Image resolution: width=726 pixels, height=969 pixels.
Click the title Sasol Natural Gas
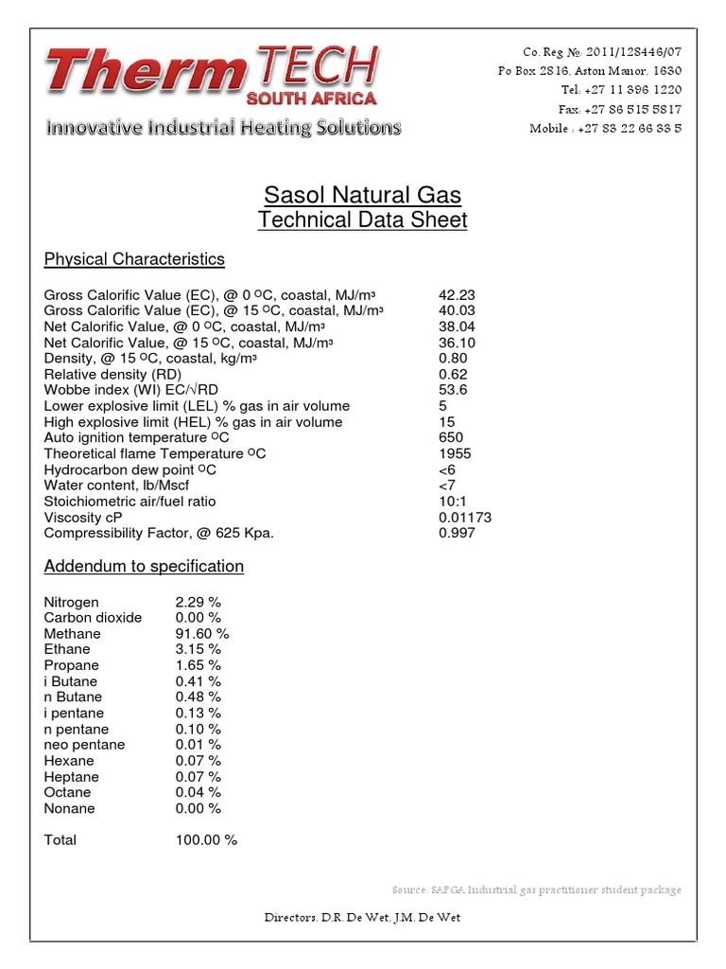point(362,196)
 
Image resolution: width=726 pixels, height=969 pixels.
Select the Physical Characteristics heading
point(134,259)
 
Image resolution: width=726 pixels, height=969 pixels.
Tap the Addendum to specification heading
point(144,566)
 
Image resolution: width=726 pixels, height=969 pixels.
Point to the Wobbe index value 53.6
point(453,390)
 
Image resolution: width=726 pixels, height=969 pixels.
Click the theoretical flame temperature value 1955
point(454,453)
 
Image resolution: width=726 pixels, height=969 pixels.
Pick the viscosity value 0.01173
point(465,518)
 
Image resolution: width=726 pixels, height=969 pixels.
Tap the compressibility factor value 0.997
point(457,533)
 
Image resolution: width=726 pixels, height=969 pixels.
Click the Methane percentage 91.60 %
point(202,633)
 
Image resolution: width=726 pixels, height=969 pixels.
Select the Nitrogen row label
point(71,602)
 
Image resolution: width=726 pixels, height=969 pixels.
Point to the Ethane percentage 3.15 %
point(199,649)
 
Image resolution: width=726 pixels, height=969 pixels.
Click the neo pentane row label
point(84,745)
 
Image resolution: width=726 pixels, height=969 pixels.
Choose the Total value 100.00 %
point(206,839)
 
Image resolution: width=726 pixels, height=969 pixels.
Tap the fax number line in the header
point(619,109)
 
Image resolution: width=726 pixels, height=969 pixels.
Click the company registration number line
point(601,51)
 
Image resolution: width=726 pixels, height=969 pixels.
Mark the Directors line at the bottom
point(363,918)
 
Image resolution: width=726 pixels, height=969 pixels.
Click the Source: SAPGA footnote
point(536,890)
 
